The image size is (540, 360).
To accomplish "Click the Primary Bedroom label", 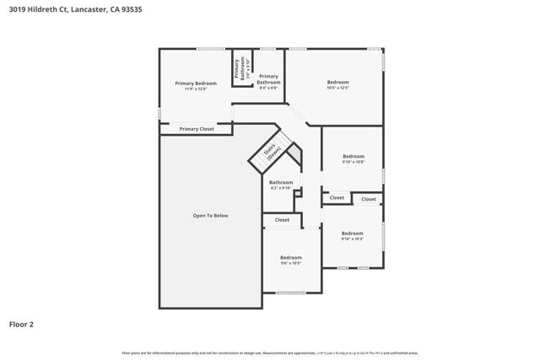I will (x=196, y=83).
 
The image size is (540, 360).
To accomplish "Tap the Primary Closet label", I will (x=196, y=129).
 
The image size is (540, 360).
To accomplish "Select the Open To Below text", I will (x=210, y=216).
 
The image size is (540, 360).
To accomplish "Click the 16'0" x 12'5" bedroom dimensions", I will (x=337, y=88).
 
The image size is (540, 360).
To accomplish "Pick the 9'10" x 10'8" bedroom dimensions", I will (x=354, y=162).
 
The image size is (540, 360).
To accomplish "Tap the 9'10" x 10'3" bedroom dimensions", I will (x=352, y=239).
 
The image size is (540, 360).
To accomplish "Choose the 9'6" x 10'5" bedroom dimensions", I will (x=291, y=263).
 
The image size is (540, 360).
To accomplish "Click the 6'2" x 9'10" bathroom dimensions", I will (x=281, y=188).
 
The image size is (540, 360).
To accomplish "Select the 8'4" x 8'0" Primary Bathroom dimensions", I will (x=268, y=88).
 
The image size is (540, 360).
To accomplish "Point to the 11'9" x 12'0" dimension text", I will (x=196, y=89).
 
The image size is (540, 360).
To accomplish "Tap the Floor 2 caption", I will (x=21, y=323).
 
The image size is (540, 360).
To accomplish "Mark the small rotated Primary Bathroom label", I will (x=242, y=67).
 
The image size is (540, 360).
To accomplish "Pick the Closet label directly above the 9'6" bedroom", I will (x=282, y=219).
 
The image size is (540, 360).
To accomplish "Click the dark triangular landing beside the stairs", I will (x=294, y=157).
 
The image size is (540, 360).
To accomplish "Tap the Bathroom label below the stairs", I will (x=281, y=182).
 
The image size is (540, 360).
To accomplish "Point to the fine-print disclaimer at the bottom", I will (x=270, y=352).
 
